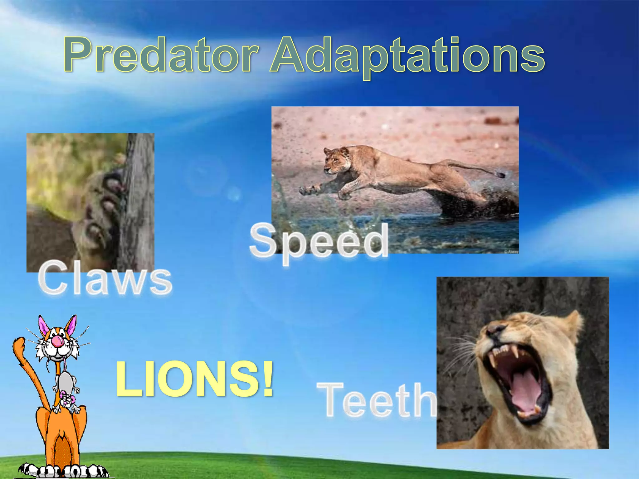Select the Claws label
tap(105, 278)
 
